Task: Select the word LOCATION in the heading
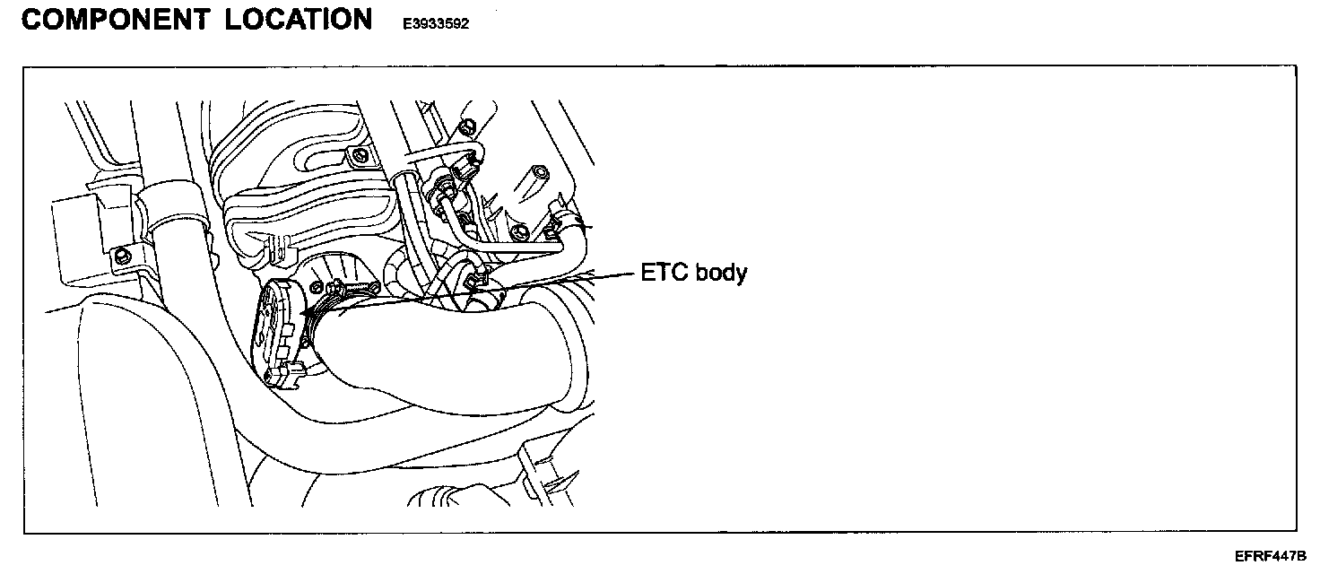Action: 299,20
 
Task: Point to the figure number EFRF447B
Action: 1270,556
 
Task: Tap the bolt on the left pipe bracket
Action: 122,257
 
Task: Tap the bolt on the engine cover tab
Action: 360,158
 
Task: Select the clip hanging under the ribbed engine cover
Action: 277,241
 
